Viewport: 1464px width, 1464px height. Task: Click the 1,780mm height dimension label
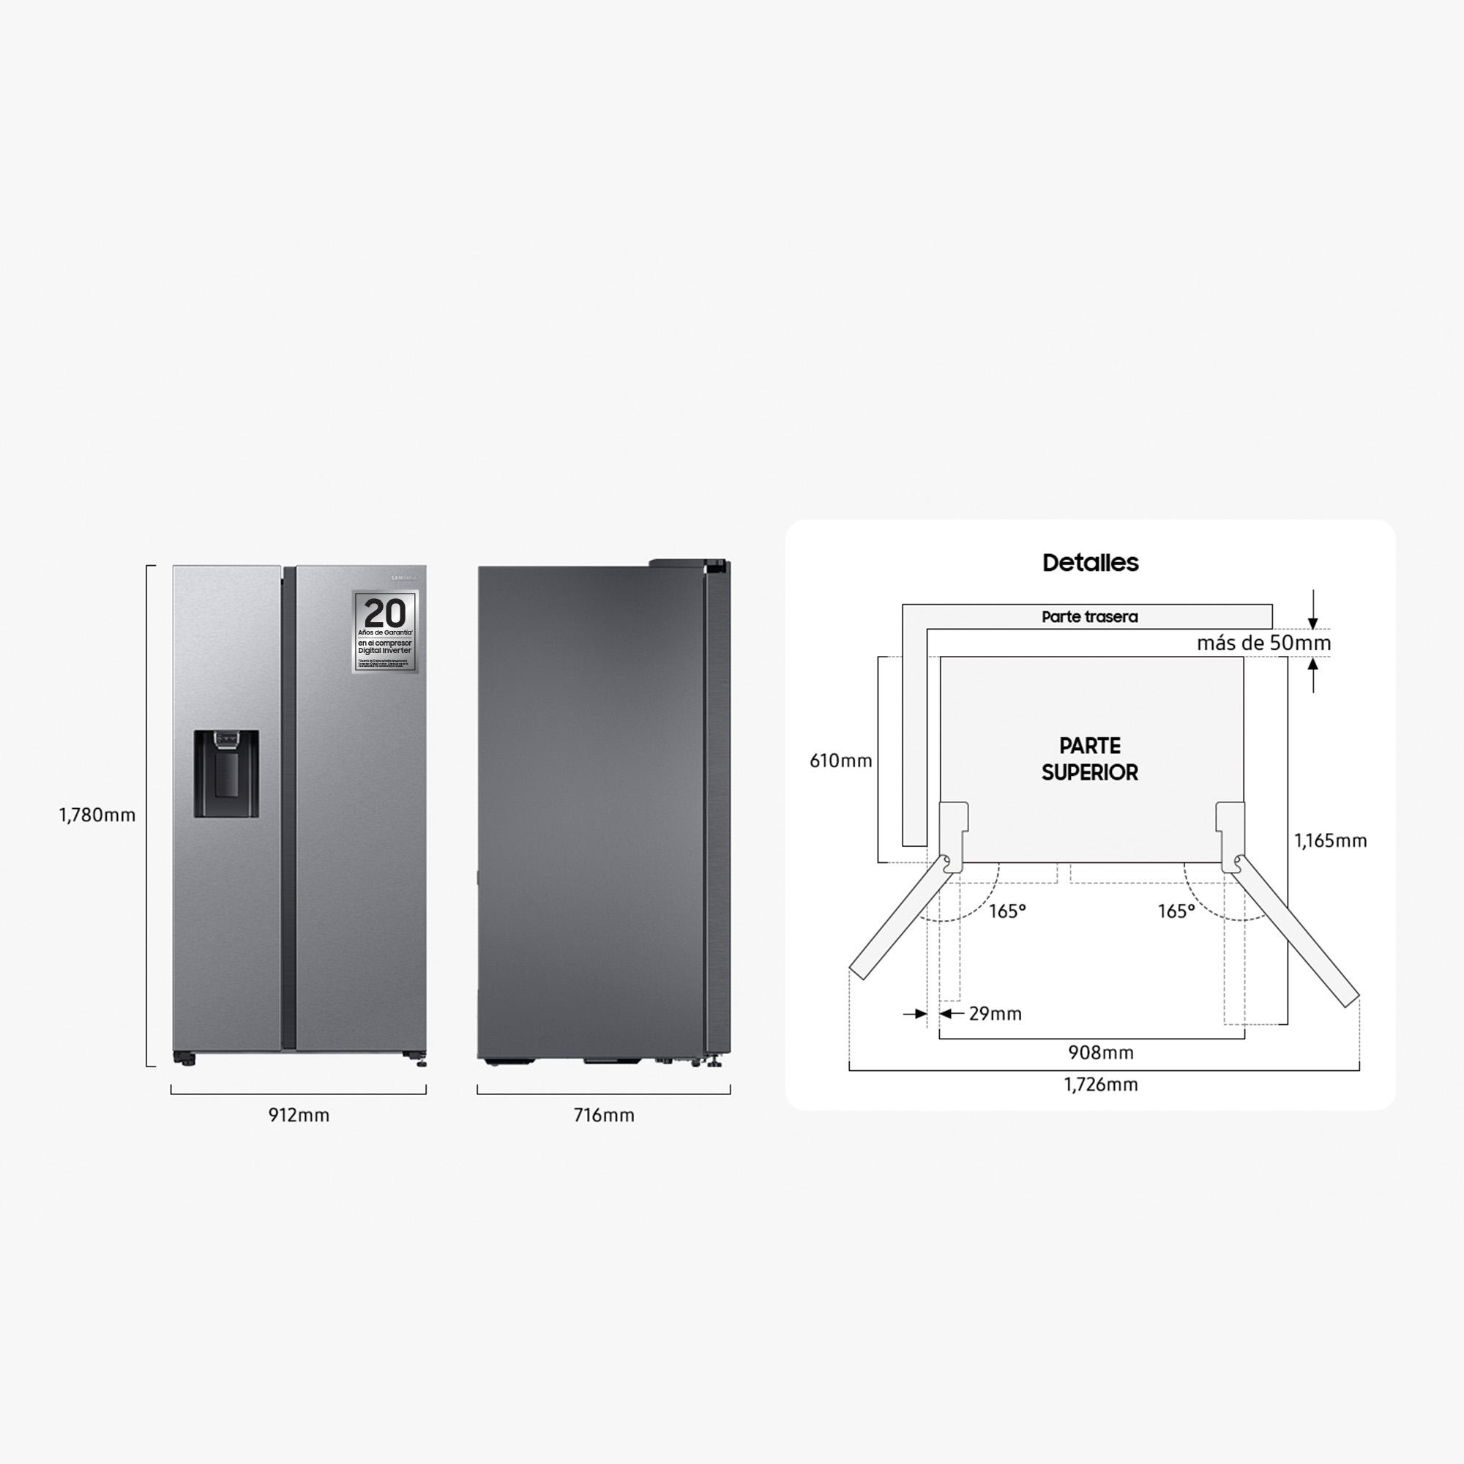pos(97,815)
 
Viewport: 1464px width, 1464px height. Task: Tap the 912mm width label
pos(299,1116)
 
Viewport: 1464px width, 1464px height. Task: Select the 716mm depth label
pos(604,1116)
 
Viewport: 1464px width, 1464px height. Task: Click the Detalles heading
pos(1091,563)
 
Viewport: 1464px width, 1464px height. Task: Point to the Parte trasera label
pos(1090,617)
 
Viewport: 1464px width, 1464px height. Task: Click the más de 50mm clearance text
pos(1263,643)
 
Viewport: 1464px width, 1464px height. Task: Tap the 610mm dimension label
pos(841,761)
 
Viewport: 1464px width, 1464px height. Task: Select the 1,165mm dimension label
pos(1330,840)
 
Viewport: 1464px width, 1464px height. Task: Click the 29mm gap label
pos(995,1014)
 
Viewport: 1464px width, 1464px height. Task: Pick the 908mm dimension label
pos(1100,1053)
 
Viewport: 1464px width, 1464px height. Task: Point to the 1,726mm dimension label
pos(1100,1084)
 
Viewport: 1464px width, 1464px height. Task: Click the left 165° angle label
pos(1007,911)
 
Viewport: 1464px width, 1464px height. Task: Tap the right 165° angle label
pos(1176,911)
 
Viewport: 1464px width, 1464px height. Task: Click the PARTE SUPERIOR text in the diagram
pos(1090,759)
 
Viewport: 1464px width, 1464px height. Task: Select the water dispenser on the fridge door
pos(225,774)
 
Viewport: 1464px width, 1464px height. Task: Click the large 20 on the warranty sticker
pos(385,613)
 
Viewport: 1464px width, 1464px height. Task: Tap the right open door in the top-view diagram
pos(1296,931)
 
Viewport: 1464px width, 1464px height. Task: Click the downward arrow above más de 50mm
pos(1314,610)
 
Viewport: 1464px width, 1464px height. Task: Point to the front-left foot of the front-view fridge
pos(184,1058)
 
